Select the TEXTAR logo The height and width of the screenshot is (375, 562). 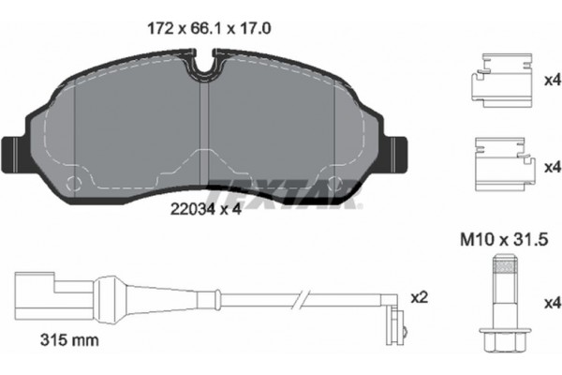[280, 192]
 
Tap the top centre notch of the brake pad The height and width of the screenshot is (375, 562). [208, 67]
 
